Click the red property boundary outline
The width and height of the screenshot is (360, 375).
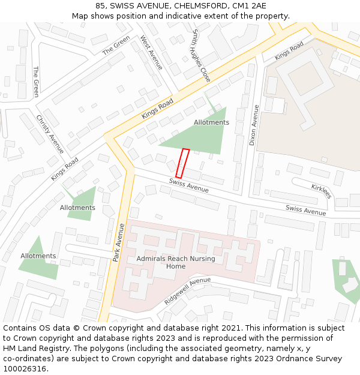182,163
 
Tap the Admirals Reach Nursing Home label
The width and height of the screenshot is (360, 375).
167,262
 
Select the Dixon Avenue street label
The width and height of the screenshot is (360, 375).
254,125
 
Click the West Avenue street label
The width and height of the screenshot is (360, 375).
152,52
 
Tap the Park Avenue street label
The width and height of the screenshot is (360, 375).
118,242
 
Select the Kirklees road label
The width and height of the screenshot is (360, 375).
322,191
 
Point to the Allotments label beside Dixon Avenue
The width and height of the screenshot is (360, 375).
211,122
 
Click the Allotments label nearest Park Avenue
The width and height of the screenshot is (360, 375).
77,208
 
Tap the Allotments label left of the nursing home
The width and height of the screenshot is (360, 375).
38,256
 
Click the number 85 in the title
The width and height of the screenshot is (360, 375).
100,6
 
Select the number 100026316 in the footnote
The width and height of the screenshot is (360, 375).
25,369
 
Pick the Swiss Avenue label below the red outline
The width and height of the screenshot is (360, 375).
189,185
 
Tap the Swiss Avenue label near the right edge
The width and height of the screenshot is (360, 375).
306,210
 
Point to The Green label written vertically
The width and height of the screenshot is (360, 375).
36,82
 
